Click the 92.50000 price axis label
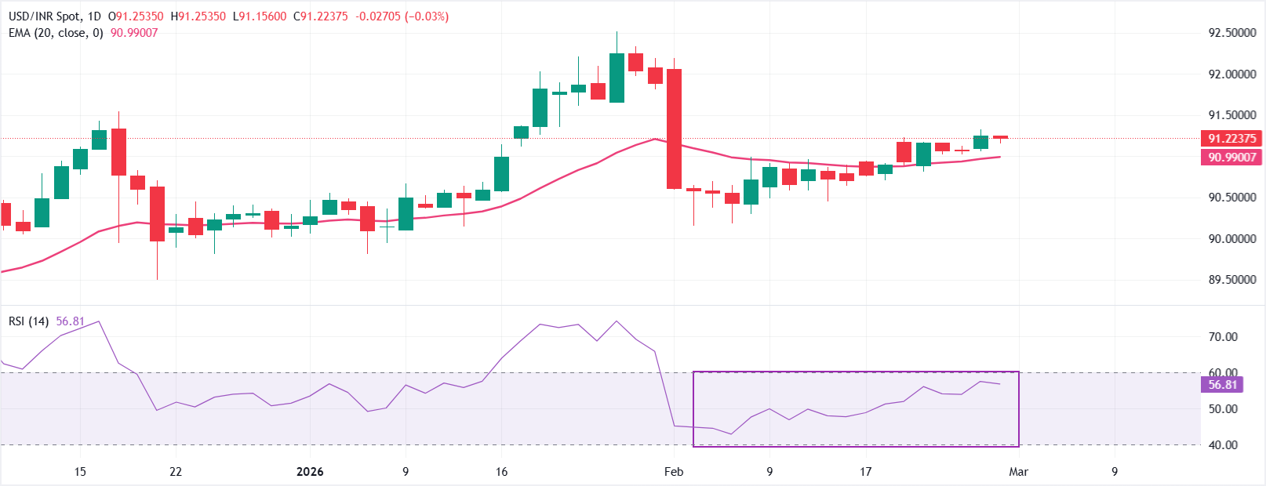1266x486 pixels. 1231,33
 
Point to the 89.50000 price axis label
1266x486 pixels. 1231,280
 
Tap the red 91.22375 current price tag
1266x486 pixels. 1231,139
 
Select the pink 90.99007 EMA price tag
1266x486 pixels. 1231,158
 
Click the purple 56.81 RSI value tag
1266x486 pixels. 1222,385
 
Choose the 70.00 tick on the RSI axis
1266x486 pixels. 1223,337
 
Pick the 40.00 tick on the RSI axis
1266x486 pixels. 1223,445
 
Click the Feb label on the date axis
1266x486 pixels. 674,472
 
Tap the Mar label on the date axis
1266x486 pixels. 1018,472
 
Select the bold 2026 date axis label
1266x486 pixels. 310,472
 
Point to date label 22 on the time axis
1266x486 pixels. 176,472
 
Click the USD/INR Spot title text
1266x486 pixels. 44,16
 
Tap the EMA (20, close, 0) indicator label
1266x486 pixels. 56,33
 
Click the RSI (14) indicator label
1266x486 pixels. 29,321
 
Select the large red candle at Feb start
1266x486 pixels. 674,129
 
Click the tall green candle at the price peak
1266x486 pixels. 617,78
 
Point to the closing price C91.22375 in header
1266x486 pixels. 320,16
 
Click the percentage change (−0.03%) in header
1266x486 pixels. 427,16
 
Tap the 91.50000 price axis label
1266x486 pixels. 1231,115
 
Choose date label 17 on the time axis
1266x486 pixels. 865,472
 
